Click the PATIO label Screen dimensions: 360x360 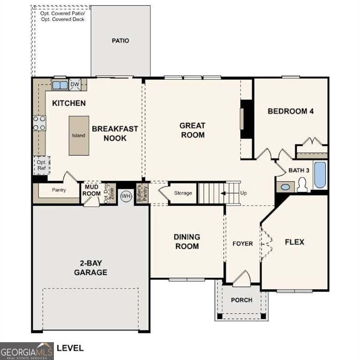(x=120, y=41)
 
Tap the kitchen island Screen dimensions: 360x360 (x=79, y=135)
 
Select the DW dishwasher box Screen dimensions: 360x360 (x=75, y=85)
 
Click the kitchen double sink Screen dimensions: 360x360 (x=60, y=85)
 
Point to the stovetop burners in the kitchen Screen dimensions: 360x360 (x=39, y=123)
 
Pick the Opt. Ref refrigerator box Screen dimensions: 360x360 (x=41, y=165)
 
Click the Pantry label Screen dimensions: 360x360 (x=59, y=190)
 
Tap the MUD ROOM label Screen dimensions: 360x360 (x=92, y=190)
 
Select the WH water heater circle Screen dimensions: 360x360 (x=126, y=196)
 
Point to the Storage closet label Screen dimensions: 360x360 (x=183, y=193)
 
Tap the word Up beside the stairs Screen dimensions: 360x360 (x=244, y=193)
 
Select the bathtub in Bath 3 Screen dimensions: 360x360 (x=320, y=175)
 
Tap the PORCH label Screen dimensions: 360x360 (x=242, y=300)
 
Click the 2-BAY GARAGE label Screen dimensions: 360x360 (x=90, y=268)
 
